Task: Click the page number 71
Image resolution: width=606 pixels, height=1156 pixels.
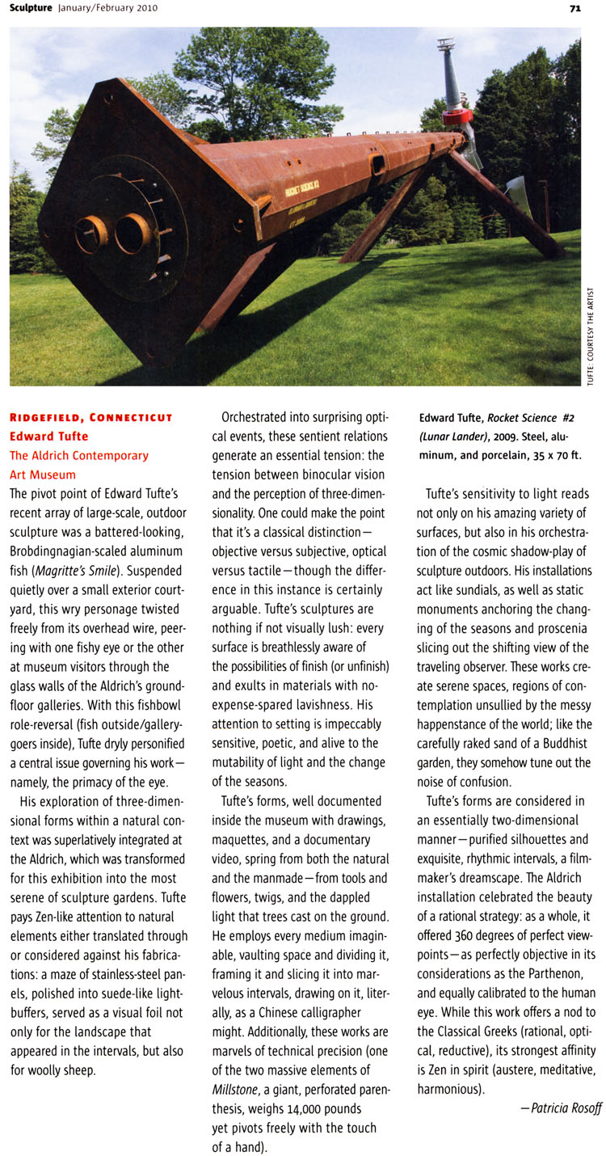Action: [x=574, y=8]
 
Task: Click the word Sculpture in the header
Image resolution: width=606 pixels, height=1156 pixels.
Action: [x=32, y=8]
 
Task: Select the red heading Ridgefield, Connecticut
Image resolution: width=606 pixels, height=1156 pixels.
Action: [x=90, y=418]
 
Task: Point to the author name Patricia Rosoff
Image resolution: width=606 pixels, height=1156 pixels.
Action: [x=566, y=1107]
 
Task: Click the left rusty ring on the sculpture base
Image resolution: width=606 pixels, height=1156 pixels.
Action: [x=91, y=234]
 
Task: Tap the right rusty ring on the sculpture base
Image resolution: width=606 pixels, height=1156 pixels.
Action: [x=133, y=233]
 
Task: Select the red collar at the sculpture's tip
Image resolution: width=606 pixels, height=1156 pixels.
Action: [x=457, y=120]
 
